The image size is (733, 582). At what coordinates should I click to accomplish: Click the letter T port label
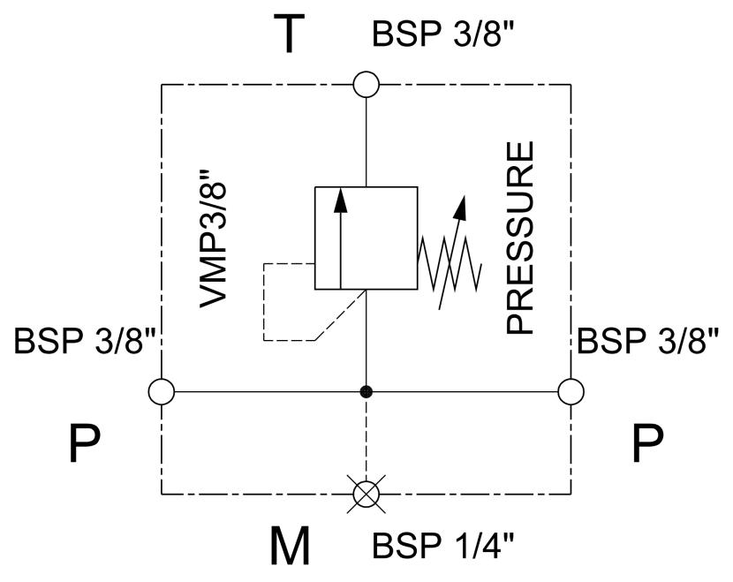(289, 34)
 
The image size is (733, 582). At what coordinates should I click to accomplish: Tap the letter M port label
(290, 546)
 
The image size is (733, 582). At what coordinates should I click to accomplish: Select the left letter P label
(84, 442)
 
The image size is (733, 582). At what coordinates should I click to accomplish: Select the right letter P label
(647, 442)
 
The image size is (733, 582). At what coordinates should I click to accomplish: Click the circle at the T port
(366, 85)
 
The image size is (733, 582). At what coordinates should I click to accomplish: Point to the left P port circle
(162, 391)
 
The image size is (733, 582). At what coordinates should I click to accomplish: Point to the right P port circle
(571, 391)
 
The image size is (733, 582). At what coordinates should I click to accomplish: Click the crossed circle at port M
(366, 494)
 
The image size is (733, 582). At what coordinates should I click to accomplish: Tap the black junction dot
(366, 392)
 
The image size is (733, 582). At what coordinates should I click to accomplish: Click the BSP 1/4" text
(442, 545)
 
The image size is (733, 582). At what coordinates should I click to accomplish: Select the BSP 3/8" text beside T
(442, 34)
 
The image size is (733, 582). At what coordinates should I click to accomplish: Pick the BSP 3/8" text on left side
(85, 340)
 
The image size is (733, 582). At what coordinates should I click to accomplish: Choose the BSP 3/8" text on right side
(647, 340)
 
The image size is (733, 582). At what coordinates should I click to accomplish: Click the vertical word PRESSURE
(520, 238)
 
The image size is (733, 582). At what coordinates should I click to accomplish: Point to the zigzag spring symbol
(450, 262)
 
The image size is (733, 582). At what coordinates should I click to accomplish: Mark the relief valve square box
(366, 238)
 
